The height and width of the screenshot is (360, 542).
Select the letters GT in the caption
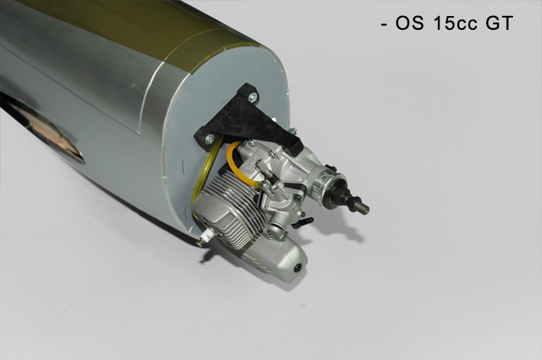click(x=499, y=24)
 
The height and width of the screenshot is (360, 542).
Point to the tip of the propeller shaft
click(x=368, y=209)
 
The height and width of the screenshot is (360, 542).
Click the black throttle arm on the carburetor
click(x=303, y=222)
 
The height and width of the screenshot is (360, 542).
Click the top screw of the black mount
click(x=254, y=97)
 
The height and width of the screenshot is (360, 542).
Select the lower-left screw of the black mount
click(x=209, y=140)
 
